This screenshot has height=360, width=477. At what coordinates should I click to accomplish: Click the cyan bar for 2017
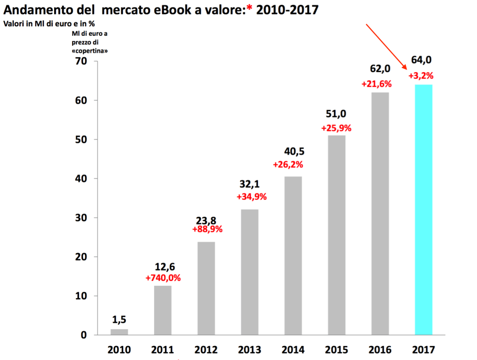pos(423,209)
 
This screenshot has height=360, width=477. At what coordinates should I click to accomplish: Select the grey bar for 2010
pos(119,332)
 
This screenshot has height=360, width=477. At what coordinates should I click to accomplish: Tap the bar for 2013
pos(249,272)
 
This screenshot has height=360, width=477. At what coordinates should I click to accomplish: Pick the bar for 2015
pos(336,235)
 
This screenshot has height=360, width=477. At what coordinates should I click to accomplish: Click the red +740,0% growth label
pos(163,278)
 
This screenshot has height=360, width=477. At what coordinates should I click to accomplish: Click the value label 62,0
pos(380,69)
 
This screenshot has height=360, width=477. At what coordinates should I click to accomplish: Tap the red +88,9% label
pos(207,230)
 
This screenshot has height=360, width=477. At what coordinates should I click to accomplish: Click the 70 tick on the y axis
pos(80,61)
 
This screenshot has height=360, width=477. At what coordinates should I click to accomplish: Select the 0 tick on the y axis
pos(83,335)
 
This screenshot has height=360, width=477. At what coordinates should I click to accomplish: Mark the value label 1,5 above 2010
pos(119,319)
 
